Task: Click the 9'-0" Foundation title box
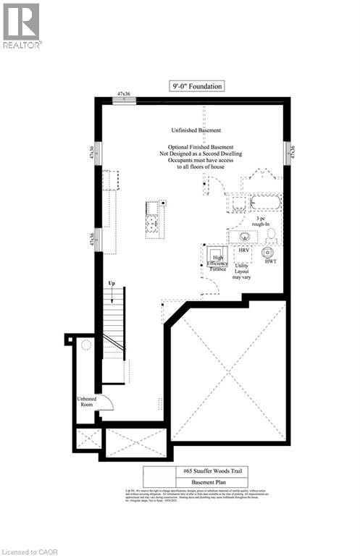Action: pos(196,86)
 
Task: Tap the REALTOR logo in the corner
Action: pos(22,25)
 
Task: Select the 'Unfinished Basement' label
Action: pos(196,131)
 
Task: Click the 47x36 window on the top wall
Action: pos(124,99)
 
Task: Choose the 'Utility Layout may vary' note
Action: pos(241,271)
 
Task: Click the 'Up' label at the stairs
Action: pos(112,282)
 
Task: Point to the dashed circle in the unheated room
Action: pos(86,345)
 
